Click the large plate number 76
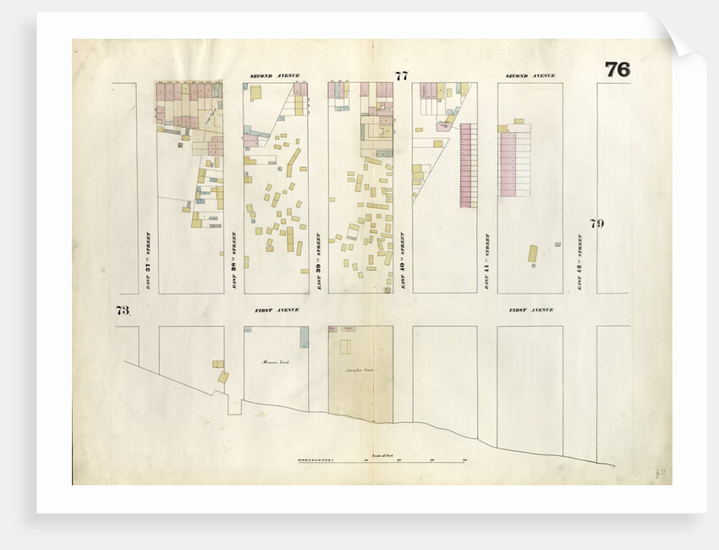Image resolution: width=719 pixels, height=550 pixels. point(617,69)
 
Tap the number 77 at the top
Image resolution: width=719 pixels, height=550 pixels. point(402,76)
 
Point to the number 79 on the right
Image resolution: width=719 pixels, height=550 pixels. point(596,223)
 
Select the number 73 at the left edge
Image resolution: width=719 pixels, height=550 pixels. point(123,310)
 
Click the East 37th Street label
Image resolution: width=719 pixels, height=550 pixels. point(148,261)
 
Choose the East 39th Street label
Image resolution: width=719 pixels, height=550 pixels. point(318,261)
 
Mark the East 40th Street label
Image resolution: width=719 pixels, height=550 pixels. point(403,261)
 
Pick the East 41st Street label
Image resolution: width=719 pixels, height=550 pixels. point(487,261)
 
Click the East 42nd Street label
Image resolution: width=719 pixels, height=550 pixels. point(580,261)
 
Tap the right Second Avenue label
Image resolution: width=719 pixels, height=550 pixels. point(530,76)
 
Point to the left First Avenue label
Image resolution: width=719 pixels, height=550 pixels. point(277,311)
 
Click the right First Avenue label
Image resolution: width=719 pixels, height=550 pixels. point(530,311)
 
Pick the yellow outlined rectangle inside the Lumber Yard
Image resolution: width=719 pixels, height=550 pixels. point(345,347)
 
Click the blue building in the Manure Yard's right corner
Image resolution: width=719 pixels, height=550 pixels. point(304,337)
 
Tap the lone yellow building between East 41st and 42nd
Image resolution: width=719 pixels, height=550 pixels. point(533,254)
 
